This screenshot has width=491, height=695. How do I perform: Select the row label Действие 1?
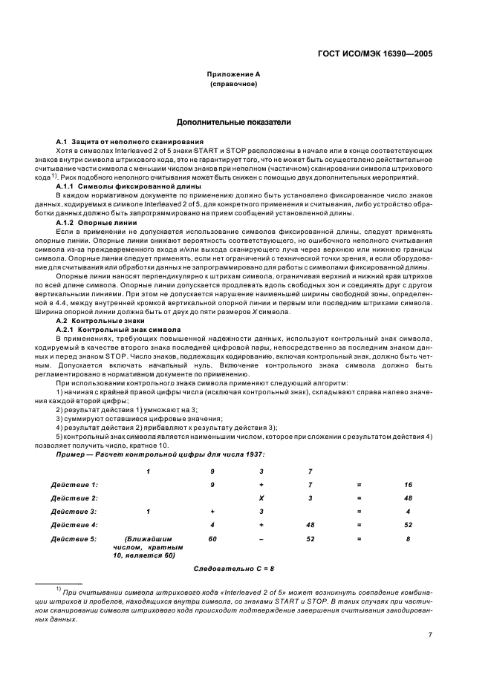click(74, 484)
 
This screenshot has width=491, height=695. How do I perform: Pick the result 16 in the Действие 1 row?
click(408, 484)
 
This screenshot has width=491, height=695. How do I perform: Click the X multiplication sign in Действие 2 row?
click(261, 497)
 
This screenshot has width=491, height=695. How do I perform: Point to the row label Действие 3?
click(74, 511)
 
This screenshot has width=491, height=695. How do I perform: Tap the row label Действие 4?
click(74, 524)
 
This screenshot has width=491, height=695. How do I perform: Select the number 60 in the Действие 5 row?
click(212, 538)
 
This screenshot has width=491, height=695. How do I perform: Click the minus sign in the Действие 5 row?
click(261, 538)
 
